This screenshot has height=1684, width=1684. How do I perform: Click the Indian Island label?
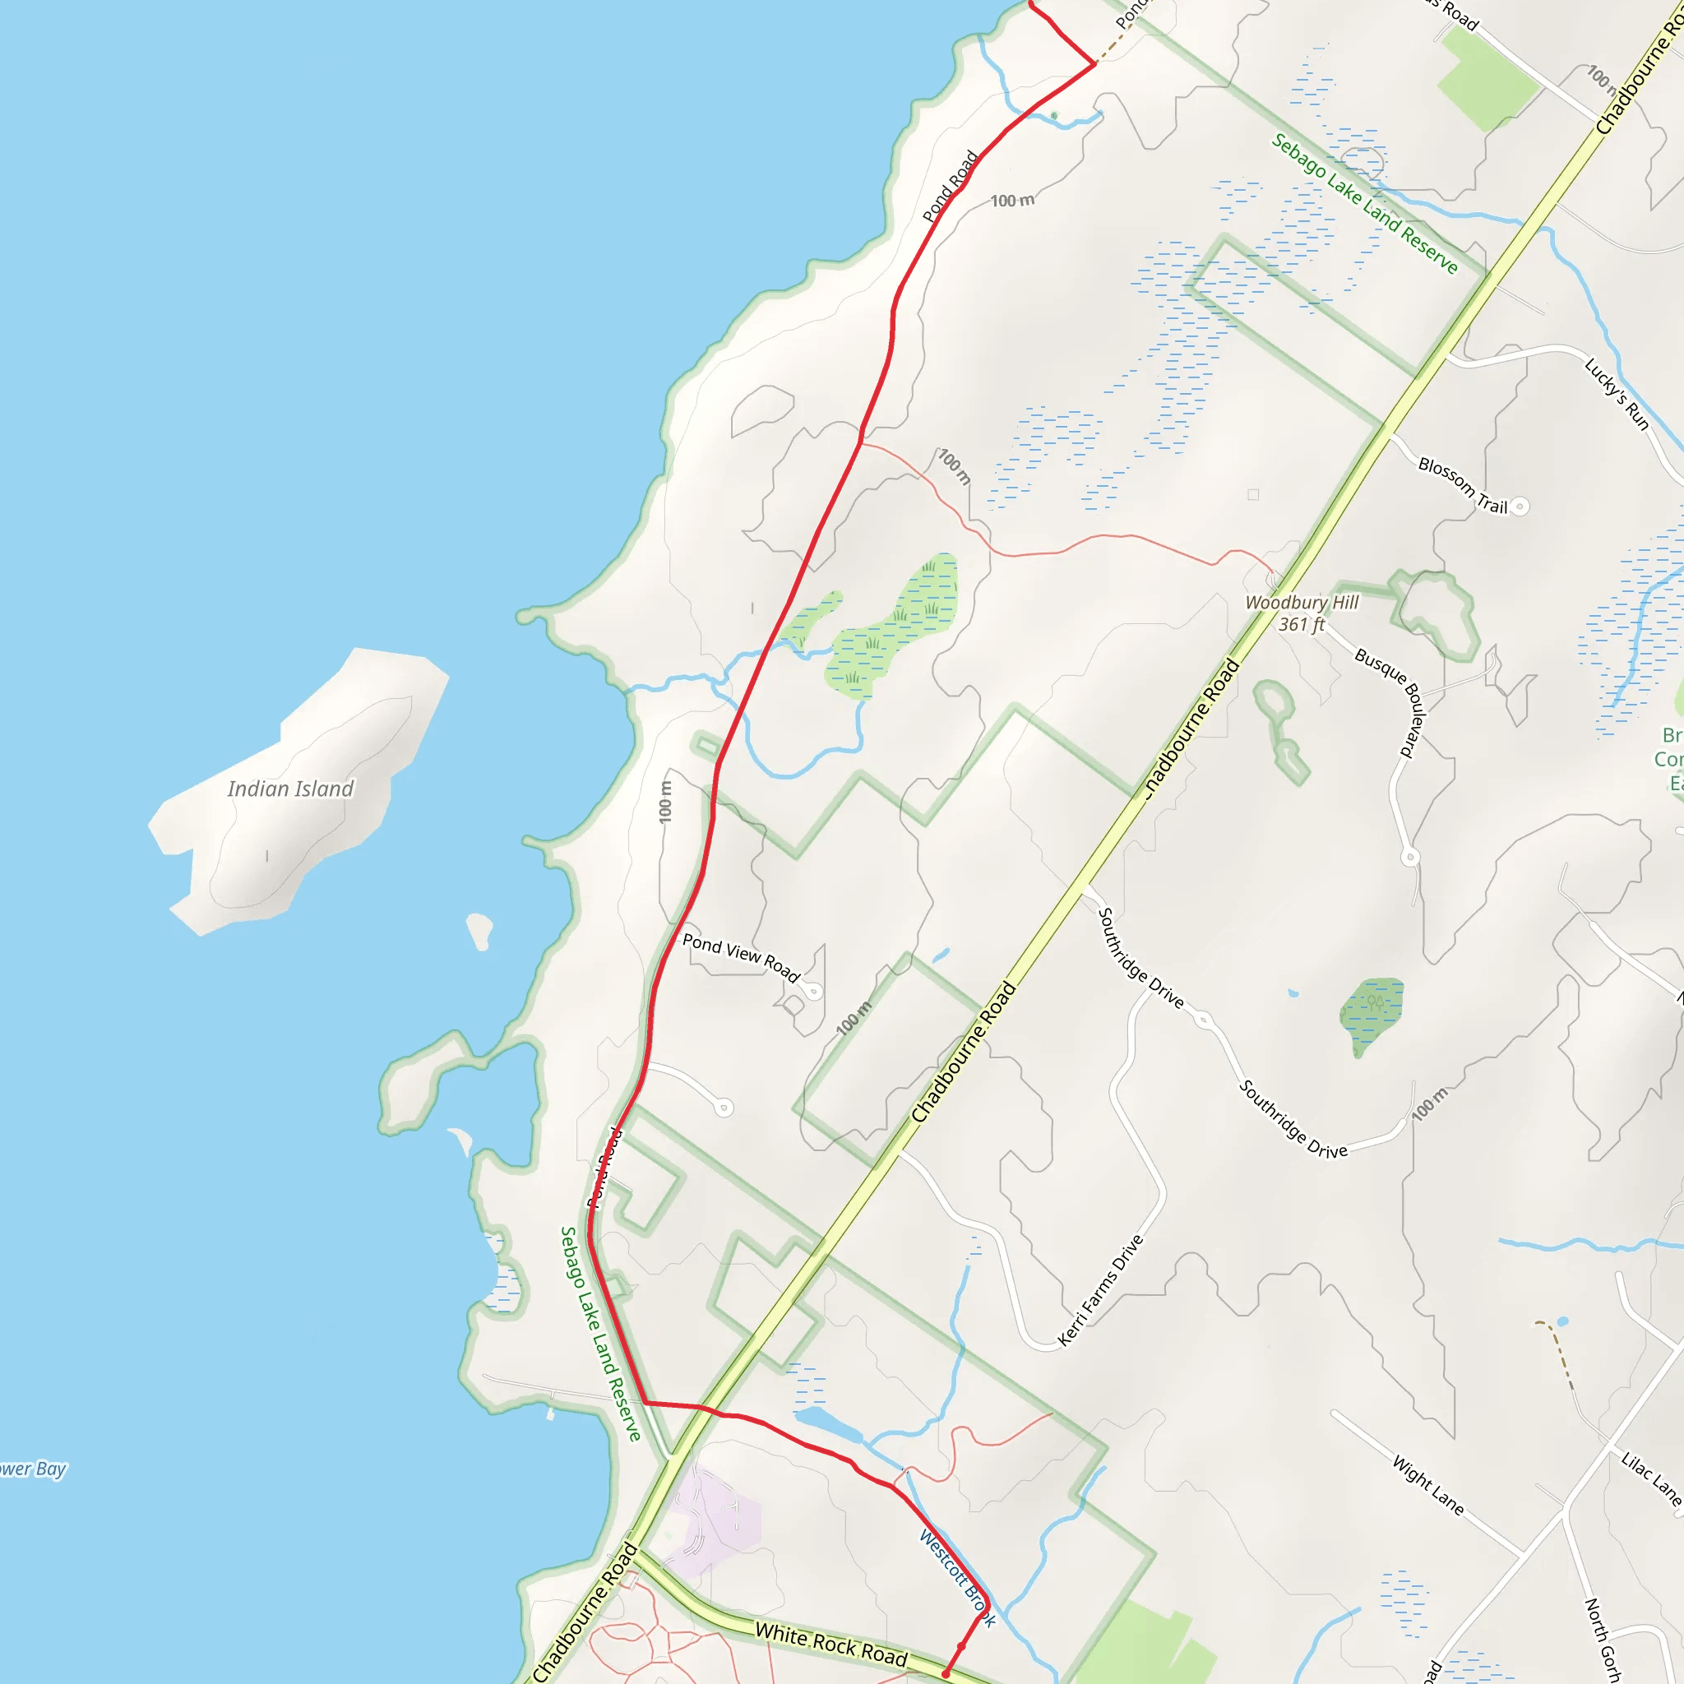click(x=290, y=789)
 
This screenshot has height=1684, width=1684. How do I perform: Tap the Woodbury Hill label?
click(x=1302, y=602)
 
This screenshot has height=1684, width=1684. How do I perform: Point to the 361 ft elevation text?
click(x=1302, y=624)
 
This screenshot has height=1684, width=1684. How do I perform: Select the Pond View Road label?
click(x=741, y=957)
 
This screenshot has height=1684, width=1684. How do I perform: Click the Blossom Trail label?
click(x=1463, y=485)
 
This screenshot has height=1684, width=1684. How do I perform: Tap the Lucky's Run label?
click(x=1617, y=394)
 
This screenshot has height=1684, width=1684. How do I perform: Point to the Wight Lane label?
click(x=1427, y=1484)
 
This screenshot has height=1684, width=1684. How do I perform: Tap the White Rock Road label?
click(x=830, y=1643)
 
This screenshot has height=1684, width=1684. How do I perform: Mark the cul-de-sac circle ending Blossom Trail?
click(x=1520, y=507)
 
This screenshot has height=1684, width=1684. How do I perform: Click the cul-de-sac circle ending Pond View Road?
click(x=813, y=991)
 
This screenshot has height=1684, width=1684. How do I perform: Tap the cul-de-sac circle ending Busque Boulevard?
click(x=1410, y=857)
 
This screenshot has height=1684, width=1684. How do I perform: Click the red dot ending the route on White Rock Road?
click(x=946, y=1673)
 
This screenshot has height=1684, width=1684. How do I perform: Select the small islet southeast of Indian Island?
click(x=479, y=930)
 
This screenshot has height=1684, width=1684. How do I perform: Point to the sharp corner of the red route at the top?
click(x=1094, y=63)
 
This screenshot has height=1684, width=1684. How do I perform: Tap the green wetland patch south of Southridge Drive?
click(x=1371, y=1013)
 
